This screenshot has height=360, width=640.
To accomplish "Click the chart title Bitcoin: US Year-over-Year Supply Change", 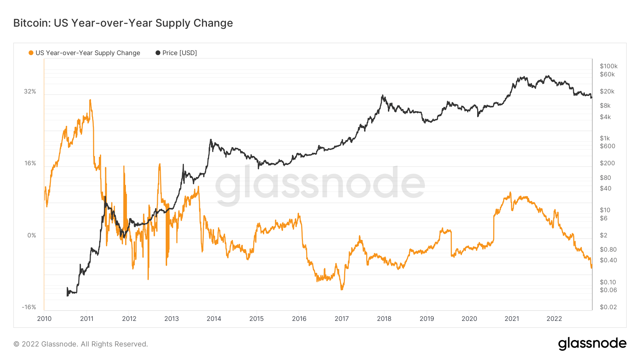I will coord(123,23).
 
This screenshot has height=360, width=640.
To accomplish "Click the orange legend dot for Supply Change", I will coord(31,53).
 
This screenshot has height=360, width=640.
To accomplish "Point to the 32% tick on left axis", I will coord(30,91).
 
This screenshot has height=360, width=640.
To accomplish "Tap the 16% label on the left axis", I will coord(30,163).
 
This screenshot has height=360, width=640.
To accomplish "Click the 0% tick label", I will coord(32,235).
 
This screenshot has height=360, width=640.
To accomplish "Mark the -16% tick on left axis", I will coord(29,307).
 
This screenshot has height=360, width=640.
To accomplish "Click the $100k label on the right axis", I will coord(608,66).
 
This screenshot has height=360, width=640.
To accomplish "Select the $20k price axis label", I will coord(607,91).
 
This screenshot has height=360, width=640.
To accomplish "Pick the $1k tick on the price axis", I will coord(604,138).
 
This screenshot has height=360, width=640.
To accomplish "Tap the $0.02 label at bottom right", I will coord(608,307).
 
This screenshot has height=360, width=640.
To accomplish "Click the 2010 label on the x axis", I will coord(44,318).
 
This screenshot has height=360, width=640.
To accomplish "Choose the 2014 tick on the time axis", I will coord(214,318).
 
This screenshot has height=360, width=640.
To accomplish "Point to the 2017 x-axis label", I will coord(342,318).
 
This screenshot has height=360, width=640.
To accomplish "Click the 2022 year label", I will coord(554,318).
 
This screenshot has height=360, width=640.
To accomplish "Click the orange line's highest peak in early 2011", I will coord(90,100).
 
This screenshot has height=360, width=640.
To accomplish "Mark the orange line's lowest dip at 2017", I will coord(342,289).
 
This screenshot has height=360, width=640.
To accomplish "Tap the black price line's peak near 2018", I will coord(383,95).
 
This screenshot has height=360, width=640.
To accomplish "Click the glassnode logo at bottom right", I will coord(592,344).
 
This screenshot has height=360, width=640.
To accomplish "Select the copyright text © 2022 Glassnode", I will coord(81,344).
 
